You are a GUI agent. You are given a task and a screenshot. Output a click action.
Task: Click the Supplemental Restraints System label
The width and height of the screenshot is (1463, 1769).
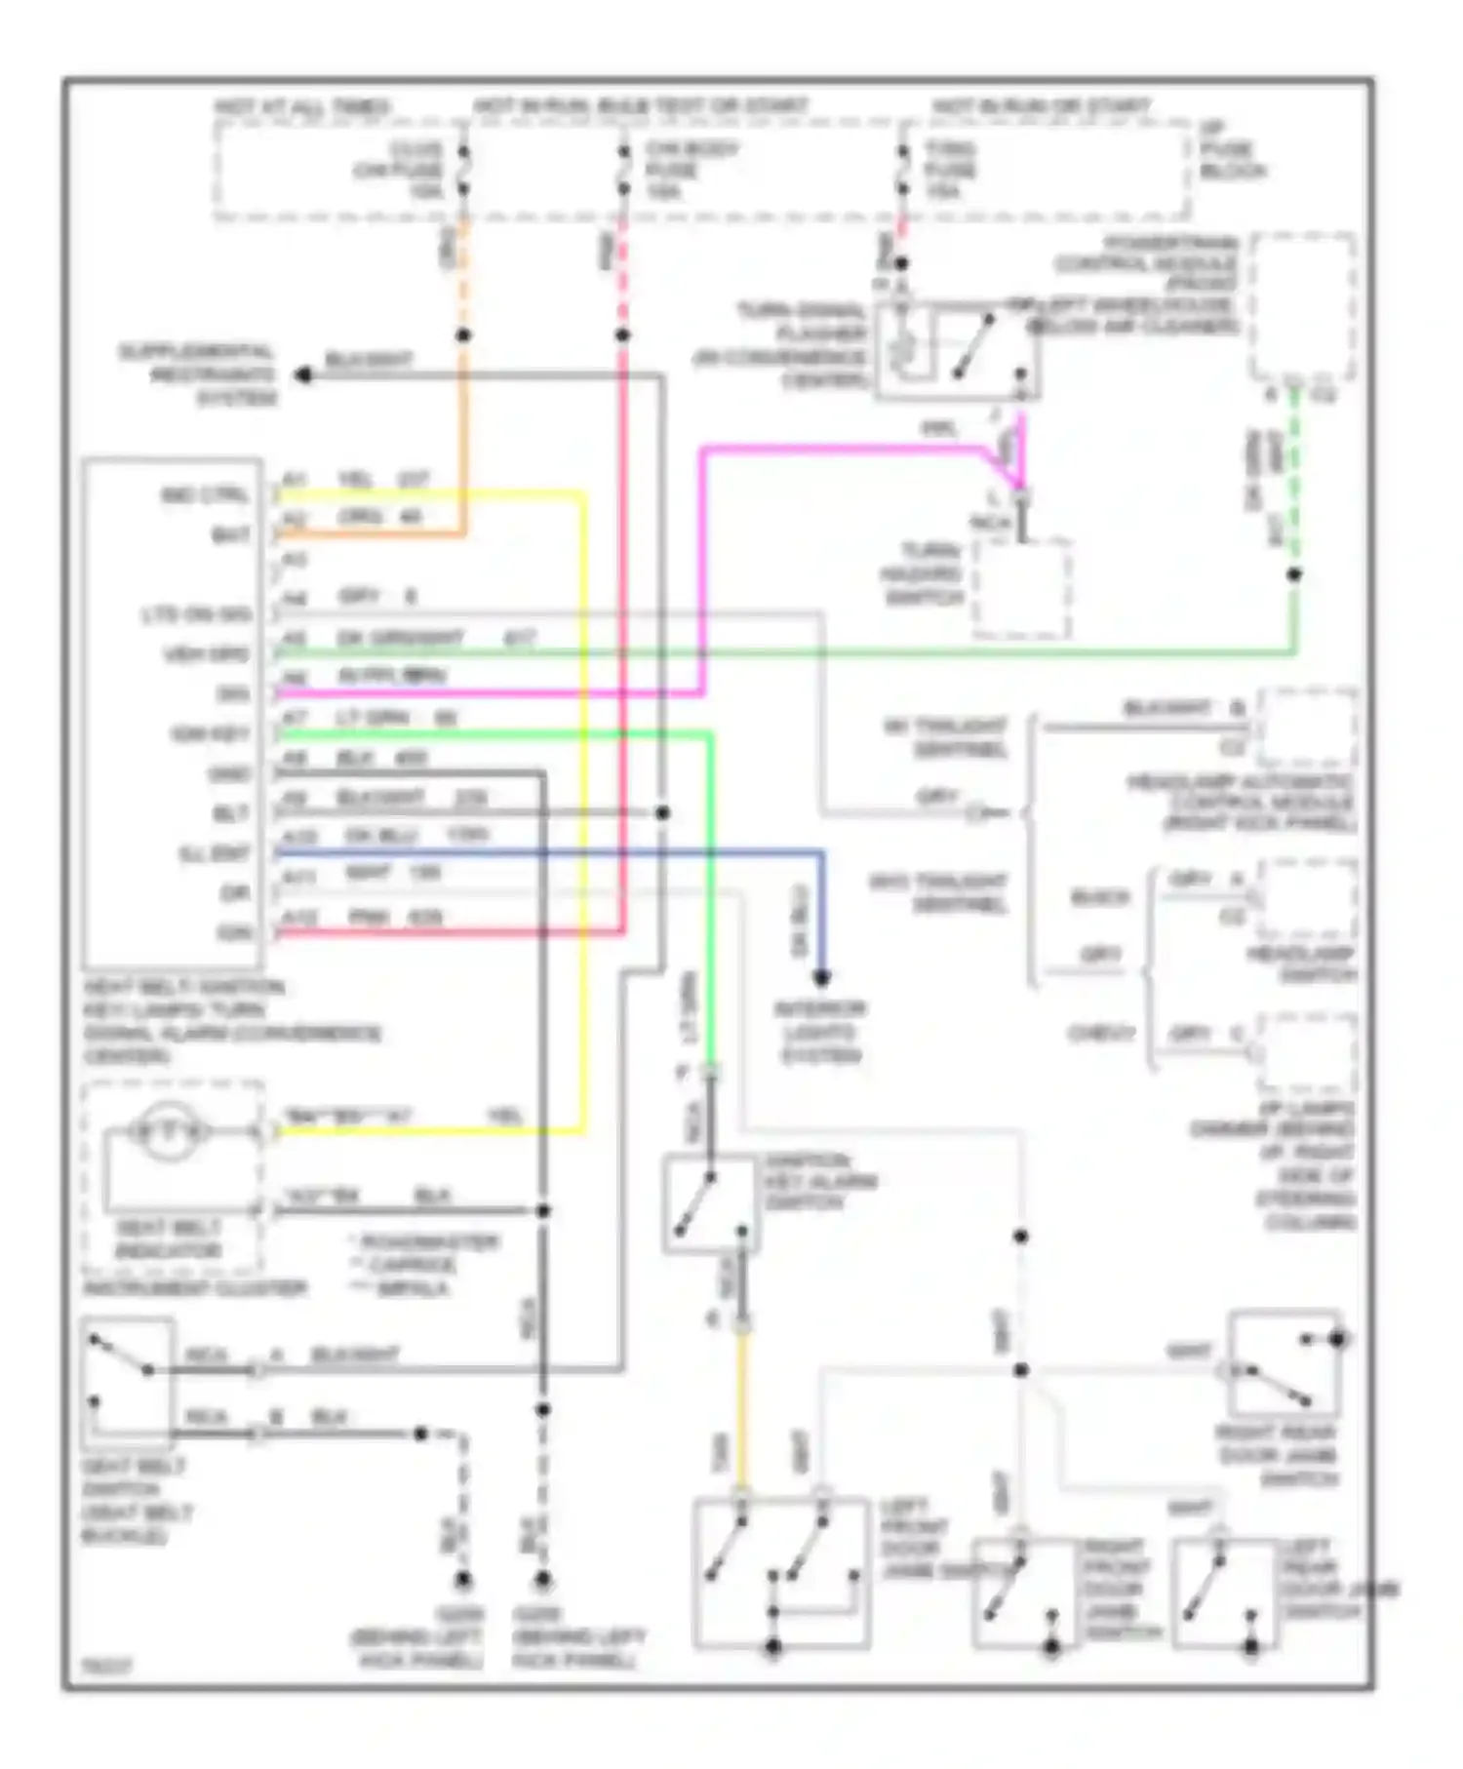tap(199, 374)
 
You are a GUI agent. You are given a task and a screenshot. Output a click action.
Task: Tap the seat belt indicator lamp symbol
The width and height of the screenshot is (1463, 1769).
tap(171, 1131)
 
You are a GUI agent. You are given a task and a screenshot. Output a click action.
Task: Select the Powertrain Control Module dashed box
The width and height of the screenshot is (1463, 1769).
tap(1304, 307)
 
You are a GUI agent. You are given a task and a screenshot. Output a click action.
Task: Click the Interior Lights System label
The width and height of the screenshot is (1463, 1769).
tap(820, 1033)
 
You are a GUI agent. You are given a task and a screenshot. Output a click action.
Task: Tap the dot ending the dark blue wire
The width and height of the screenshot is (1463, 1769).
tap(821, 977)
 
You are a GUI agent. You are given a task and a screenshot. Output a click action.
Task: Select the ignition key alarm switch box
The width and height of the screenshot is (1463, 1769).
tap(709, 1202)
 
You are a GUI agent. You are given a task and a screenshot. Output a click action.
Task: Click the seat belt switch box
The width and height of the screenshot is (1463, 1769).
tap(128, 1381)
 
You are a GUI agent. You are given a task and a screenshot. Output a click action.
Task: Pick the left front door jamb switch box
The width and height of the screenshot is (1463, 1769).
tap(781, 1572)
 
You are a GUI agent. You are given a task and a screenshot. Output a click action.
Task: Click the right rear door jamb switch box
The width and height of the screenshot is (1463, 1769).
tap(1285, 1364)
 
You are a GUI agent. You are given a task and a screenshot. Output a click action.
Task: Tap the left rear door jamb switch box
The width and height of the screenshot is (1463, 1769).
tap(1223, 1593)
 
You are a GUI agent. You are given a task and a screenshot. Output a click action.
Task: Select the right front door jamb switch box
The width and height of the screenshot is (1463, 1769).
tap(1024, 1593)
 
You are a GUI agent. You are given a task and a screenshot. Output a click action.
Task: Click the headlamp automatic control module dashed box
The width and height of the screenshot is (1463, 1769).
tap(1306, 727)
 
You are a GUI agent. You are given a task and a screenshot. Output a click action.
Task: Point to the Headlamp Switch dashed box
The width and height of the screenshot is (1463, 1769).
tap(1306, 899)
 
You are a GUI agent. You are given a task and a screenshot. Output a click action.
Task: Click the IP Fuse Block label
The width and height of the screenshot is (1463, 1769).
tap(1232, 150)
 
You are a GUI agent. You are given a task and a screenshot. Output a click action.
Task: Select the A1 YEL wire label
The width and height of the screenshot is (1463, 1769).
tap(356, 480)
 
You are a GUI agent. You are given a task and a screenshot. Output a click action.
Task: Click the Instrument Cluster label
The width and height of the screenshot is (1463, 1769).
tap(195, 1288)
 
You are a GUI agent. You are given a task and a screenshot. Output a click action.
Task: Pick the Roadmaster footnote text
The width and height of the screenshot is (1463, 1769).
tap(427, 1242)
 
